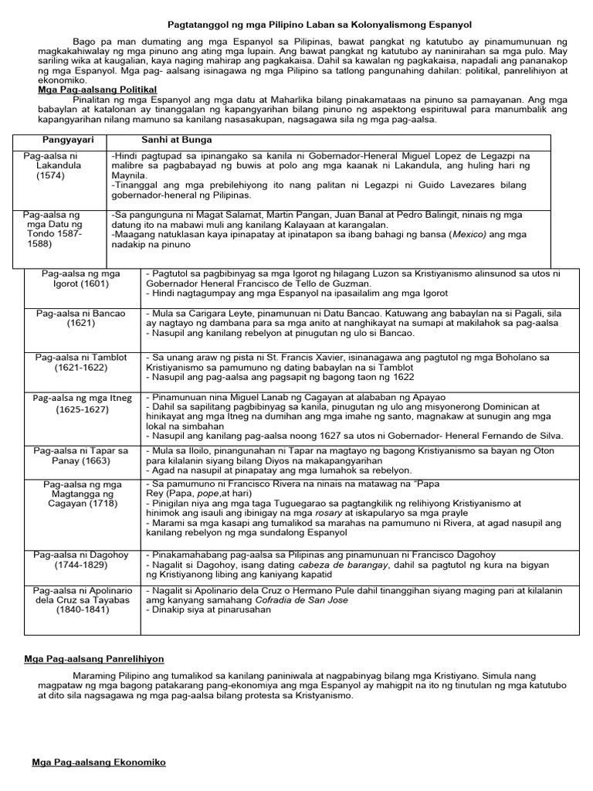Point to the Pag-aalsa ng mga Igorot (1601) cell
click(x=77, y=279)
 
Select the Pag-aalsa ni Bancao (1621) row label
click(x=77, y=318)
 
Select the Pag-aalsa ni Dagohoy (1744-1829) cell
click(x=77, y=559)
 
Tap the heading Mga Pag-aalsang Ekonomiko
click(x=98, y=762)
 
